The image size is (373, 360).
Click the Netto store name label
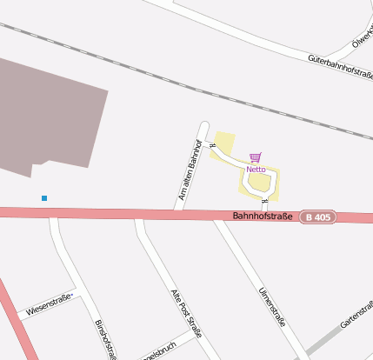pyautogui.click(x=256, y=169)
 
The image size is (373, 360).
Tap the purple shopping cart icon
pyautogui.click(x=255, y=157)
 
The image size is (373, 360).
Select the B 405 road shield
pyautogui.click(x=317, y=217)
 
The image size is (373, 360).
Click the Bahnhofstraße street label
pyautogui.click(x=261, y=216)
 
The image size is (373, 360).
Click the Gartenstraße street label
pyautogui.click(x=356, y=314)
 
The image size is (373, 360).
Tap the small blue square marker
pyautogui.click(x=44, y=198)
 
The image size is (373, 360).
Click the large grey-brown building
pyautogui.click(x=52, y=113)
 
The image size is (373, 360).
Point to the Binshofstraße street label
pyautogui.click(x=105, y=339)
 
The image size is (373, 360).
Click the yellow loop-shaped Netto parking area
pyautogui.click(x=259, y=183)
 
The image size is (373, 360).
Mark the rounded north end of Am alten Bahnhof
pyautogui.click(x=205, y=126)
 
